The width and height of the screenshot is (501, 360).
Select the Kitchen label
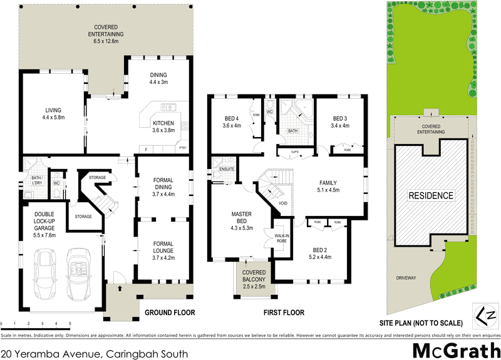click(162, 123)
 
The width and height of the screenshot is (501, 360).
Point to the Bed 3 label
click(340, 119)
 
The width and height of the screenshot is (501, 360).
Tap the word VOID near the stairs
click(282, 203)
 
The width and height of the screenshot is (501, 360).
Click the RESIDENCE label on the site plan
click(431, 195)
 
